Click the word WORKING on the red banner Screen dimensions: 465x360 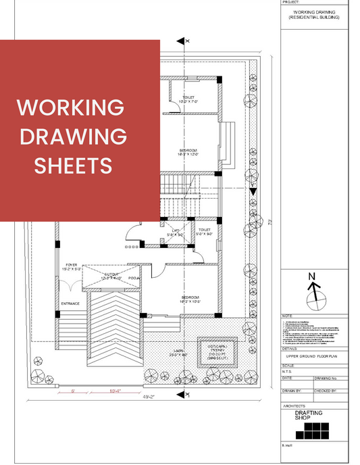tap(70, 108)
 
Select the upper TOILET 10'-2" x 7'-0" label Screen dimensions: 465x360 tap(188, 99)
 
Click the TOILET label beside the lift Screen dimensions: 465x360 tap(205, 231)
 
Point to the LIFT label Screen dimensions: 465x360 tap(177, 231)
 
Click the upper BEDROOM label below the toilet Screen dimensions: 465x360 tap(188, 151)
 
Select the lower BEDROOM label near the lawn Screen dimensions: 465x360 tap(190, 299)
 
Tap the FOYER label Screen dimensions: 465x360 tap(72, 266)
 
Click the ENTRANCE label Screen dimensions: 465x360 tap(70, 303)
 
